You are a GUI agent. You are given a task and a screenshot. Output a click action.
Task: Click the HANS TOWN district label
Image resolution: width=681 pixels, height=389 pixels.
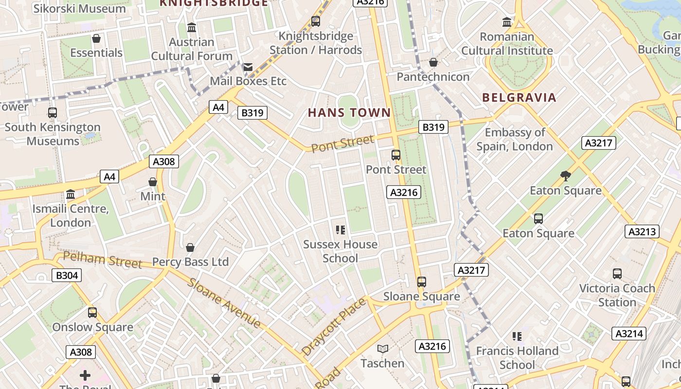coord(349,113)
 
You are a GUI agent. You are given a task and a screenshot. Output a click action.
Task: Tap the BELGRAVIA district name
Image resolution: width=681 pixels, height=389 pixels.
coord(519,97)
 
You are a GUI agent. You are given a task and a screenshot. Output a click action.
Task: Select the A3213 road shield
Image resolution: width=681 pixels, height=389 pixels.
coord(642,231)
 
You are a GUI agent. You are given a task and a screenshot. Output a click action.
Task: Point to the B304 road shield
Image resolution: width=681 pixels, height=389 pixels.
coord(67,275)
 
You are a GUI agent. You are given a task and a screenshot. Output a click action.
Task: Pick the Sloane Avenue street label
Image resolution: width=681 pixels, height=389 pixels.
coord(224,302)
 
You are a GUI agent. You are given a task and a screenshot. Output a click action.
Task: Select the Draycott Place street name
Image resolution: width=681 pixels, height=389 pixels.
coord(333,327)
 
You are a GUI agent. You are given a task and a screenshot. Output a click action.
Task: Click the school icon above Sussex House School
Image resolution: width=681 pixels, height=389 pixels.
coord(340,230)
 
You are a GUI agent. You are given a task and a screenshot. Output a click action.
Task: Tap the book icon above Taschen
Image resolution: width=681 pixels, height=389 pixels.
coord(383,349)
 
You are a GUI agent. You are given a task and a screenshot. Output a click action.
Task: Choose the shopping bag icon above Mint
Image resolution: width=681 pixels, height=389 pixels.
coord(153,182)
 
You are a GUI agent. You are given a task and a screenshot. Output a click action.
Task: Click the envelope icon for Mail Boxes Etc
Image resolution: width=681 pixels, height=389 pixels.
coord(248,67)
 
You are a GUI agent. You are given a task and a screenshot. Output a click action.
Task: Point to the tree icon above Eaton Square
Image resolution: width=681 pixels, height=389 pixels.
coord(565,176)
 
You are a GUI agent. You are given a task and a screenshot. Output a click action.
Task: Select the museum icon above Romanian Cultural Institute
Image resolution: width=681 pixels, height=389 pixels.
coord(507,22)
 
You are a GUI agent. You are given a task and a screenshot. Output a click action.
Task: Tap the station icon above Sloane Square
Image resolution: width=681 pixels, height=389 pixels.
coord(421,282)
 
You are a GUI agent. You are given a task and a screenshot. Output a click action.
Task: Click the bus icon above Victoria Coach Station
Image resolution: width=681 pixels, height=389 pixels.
coord(617,273)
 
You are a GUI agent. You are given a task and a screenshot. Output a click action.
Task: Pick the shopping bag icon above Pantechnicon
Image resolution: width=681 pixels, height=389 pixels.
coord(433,62)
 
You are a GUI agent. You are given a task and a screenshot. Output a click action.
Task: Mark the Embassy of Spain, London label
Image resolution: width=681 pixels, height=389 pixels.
coord(515,139)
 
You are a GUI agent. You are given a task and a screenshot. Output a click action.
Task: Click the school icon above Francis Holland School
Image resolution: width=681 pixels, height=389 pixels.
coord(517,336)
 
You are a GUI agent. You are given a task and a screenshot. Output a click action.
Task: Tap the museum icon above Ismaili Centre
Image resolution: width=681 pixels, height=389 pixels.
coord(71,194)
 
